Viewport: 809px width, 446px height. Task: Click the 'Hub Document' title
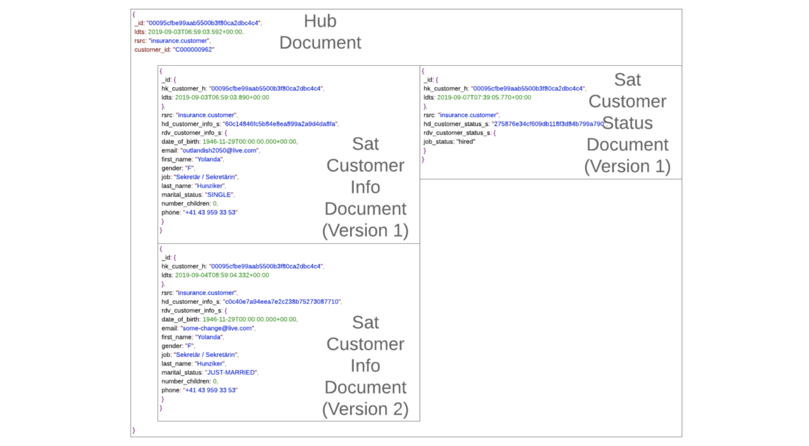pyautogui.click(x=320, y=32)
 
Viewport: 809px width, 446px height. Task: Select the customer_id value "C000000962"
pyautogui.click(x=193, y=49)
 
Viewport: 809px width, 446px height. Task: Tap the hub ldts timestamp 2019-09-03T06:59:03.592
pyautogui.click(x=195, y=32)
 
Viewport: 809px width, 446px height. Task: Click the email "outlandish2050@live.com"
pyautogui.click(x=219, y=150)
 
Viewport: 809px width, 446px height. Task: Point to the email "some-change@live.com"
pyautogui.click(x=217, y=328)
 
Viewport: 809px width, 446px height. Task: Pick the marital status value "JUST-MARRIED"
pyautogui.click(x=231, y=373)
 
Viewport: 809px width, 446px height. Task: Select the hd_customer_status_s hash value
pyautogui.click(x=549, y=124)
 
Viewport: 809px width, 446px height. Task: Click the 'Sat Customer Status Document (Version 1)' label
pyautogui.click(x=627, y=123)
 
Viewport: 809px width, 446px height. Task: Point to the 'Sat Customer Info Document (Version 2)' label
pyautogui.click(x=365, y=366)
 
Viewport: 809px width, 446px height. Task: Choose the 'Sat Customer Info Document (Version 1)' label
pyautogui.click(x=365, y=187)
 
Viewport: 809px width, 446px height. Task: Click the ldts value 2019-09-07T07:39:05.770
pyautogui.click(x=484, y=97)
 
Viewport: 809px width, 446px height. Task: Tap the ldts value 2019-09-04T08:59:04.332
pyautogui.click(x=222, y=275)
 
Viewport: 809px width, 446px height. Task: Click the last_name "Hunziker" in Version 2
pyautogui.click(x=209, y=364)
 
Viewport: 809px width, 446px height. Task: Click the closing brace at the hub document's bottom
pyautogui.click(x=133, y=430)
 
